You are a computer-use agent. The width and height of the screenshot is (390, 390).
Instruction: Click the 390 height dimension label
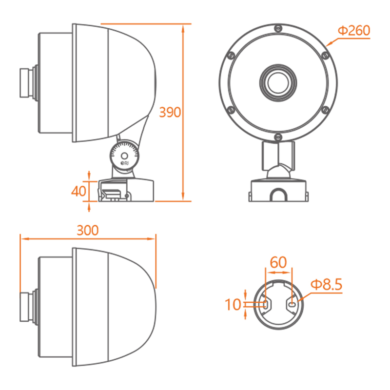click(x=170, y=112)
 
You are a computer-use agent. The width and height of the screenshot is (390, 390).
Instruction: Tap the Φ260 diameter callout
click(x=354, y=30)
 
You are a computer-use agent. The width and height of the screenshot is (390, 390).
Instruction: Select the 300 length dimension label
click(x=88, y=230)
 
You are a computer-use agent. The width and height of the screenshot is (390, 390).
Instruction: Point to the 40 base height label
click(x=78, y=191)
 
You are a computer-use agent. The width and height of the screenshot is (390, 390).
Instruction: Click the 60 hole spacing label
click(x=278, y=262)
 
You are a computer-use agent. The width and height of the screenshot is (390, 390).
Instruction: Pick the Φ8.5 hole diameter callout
click(x=327, y=284)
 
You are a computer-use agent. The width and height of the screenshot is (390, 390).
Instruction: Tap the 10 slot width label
click(x=233, y=304)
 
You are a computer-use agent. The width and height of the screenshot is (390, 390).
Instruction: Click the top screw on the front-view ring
click(x=278, y=28)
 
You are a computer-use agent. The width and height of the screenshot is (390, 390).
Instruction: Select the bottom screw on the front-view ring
click(x=278, y=137)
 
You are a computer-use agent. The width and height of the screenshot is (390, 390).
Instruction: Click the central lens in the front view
click(x=278, y=82)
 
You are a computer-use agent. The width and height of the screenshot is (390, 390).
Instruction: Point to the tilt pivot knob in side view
click(x=124, y=156)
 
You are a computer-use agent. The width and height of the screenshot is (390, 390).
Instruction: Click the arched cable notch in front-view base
click(x=278, y=194)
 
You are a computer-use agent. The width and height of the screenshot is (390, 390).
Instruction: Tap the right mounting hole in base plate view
click(x=292, y=304)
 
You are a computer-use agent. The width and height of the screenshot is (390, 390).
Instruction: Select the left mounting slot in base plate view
click(x=265, y=304)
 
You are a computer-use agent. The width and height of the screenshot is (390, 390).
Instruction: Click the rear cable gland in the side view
click(x=29, y=82)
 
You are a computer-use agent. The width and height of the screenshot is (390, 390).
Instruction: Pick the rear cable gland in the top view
click(x=29, y=307)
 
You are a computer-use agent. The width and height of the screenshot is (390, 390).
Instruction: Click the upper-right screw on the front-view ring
click(x=325, y=55)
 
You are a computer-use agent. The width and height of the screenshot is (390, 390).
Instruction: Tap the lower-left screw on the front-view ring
click(x=231, y=110)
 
